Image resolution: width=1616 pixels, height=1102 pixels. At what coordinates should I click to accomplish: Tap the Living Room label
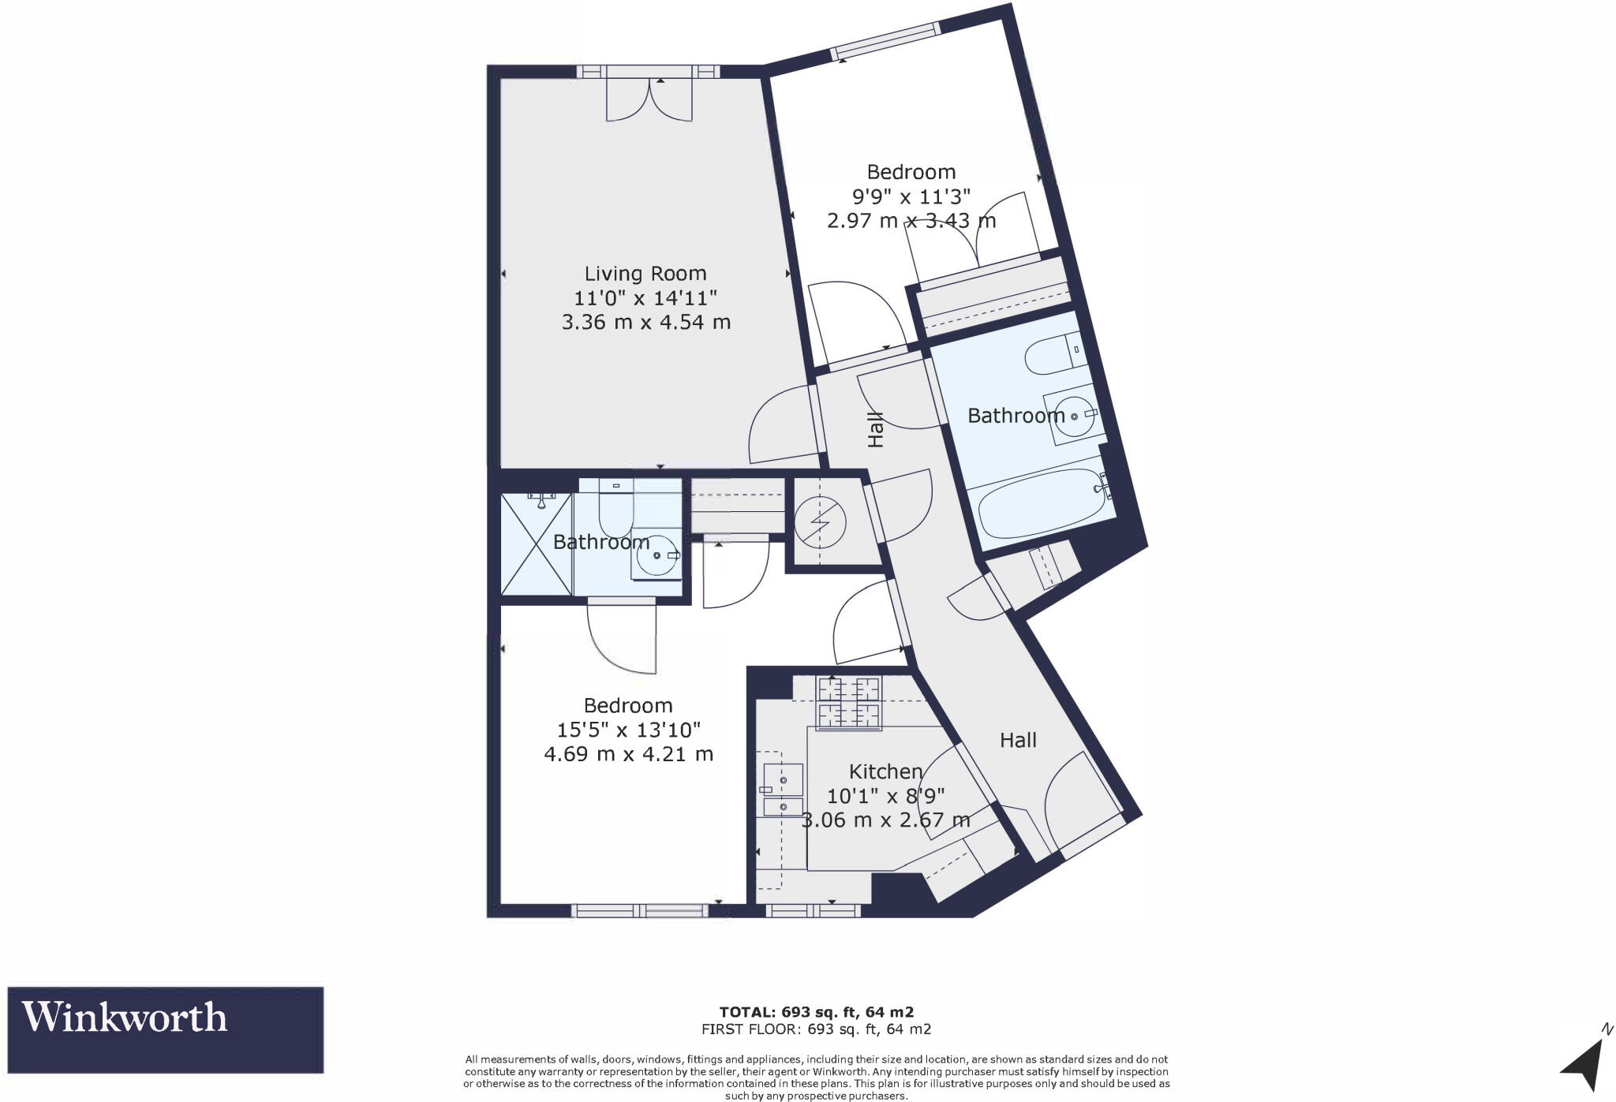tap(645, 274)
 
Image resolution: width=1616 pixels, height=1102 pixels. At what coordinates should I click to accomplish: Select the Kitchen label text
tap(885, 771)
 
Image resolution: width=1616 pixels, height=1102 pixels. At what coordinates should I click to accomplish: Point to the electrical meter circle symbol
tap(820, 522)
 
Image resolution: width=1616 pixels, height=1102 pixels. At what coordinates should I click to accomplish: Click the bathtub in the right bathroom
tap(1042, 502)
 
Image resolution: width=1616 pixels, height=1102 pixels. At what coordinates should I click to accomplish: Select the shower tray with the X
tap(537, 544)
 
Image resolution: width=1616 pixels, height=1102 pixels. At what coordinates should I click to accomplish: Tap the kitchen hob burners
tap(849, 702)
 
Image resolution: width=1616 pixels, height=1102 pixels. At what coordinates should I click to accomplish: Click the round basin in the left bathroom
tap(656, 556)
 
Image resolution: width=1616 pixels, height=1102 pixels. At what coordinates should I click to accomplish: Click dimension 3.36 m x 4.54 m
tap(645, 323)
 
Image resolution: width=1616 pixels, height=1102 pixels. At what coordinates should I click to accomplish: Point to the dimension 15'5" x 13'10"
tap(628, 730)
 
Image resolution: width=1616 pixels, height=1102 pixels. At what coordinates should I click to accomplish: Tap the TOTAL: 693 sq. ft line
tap(816, 1011)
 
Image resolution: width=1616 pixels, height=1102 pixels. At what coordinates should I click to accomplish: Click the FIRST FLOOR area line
tap(816, 1029)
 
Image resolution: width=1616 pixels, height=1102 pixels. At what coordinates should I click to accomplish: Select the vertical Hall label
tap(875, 429)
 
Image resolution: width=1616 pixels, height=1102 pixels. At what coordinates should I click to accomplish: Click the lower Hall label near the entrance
tap(1018, 740)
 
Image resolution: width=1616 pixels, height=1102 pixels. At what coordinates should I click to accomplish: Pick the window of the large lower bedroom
tap(639, 910)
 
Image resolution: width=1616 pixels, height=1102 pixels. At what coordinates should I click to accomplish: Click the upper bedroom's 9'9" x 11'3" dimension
tap(911, 196)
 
